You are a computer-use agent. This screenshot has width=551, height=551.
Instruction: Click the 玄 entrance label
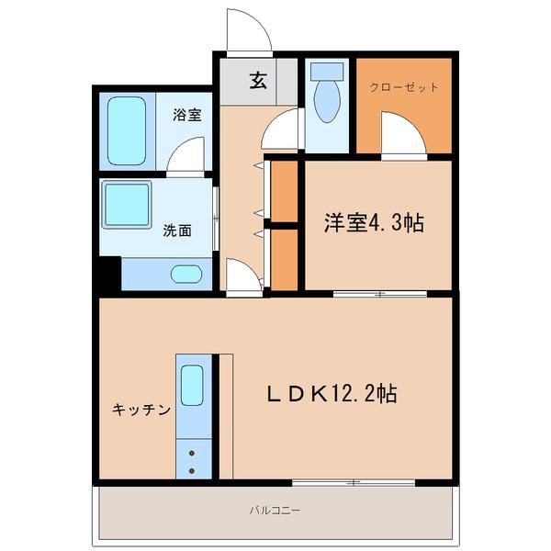click(258, 81)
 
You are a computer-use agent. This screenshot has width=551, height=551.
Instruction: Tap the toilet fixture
click(326, 96)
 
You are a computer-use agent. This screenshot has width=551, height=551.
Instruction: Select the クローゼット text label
click(404, 88)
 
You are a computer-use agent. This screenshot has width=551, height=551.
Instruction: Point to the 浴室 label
click(187, 116)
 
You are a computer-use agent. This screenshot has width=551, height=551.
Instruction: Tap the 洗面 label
click(177, 231)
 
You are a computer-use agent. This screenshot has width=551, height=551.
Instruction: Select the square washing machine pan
click(127, 204)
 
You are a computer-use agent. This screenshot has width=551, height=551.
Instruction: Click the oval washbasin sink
click(186, 273)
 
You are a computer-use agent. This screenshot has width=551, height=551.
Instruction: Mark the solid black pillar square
click(107, 274)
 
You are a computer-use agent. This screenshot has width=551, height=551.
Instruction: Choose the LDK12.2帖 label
click(332, 394)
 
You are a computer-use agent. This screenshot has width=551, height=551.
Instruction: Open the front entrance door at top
click(248, 31)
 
